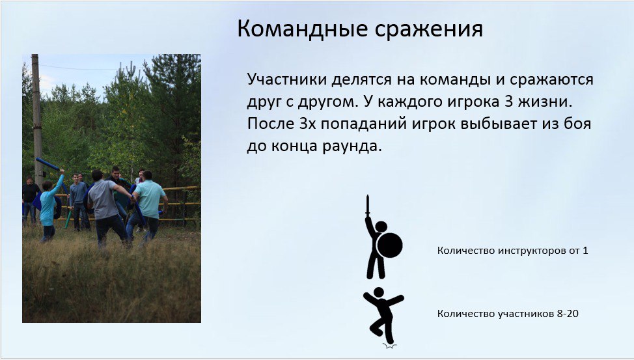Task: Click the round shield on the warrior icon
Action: (389, 245)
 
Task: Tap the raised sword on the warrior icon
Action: (368, 205)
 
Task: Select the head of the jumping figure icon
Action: (378, 292)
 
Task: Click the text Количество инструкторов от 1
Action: (512, 251)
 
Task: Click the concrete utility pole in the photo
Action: (37, 121)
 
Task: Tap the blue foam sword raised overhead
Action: (48, 164)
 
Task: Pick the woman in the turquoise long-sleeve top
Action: (49, 207)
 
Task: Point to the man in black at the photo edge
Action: (29, 201)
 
